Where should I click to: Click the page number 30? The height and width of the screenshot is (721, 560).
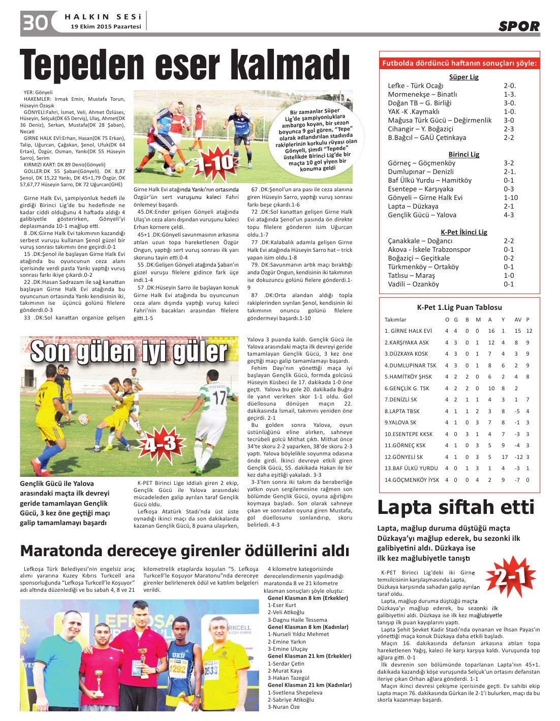click(x=35, y=22)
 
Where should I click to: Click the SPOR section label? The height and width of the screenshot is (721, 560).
click(x=518, y=26)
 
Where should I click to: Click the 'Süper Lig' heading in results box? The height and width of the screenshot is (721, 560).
click(x=463, y=77)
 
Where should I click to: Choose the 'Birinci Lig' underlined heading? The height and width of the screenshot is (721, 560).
click(x=463, y=154)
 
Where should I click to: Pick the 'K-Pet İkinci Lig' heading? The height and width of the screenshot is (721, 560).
click(x=463, y=232)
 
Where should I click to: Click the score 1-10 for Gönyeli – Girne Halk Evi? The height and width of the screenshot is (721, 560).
click(x=511, y=197)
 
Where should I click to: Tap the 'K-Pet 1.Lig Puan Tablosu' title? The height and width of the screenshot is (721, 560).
click(x=459, y=307)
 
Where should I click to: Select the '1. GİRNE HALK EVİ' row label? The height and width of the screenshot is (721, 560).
click(x=408, y=331)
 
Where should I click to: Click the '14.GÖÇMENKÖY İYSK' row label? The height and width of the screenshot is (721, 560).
click(x=412, y=479)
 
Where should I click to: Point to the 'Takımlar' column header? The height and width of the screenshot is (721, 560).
click(x=395, y=320)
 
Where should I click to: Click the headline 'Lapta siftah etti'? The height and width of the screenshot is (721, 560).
click(x=456, y=507)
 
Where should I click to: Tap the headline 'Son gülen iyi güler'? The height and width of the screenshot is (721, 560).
click(x=129, y=352)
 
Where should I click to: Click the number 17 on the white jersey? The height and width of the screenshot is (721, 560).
click(x=219, y=397)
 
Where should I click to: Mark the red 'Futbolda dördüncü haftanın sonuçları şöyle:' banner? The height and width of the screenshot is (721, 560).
click(x=459, y=63)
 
